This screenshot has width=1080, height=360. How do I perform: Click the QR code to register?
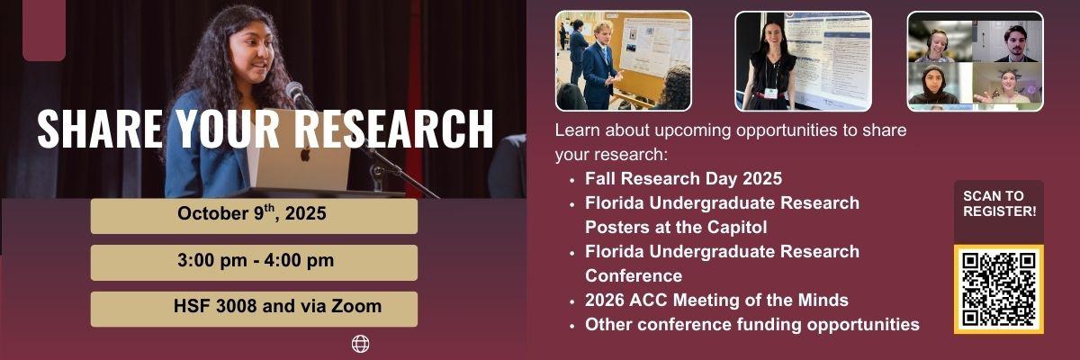point(999,289)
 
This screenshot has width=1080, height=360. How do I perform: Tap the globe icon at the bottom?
point(360,343)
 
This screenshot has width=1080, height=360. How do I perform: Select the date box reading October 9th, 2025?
point(253,215)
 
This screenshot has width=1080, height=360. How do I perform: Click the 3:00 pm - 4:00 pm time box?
point(253,262)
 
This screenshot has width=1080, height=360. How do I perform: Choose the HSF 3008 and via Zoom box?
point(253,308)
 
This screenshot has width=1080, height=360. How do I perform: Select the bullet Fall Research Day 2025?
point(683,178)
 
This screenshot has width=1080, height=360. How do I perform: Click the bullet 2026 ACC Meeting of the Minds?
point(716,300)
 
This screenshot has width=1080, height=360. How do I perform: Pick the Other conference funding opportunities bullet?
point(751,324)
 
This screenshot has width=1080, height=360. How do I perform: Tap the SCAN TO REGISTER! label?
point(999,203)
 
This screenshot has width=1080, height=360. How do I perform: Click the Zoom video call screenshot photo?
point(975,60)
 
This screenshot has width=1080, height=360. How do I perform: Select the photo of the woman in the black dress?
point(803,60)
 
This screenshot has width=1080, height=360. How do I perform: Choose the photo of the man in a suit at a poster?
point(623,60)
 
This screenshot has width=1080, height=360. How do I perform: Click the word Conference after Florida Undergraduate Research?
point(633,275)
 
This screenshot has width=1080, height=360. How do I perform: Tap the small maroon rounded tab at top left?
point(44,31)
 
